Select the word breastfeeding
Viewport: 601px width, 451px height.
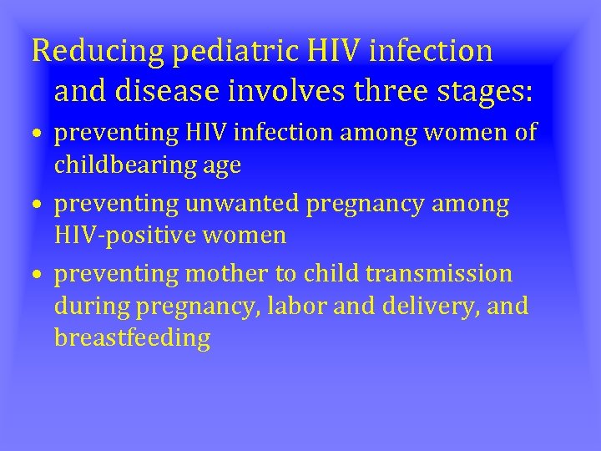(x=132, y=338)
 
